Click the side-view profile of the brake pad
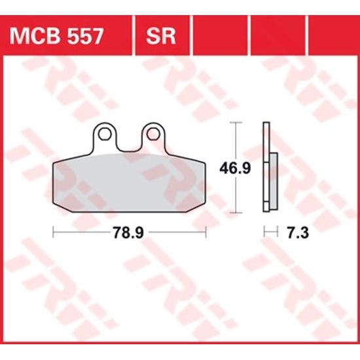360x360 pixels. pyautogui.click(x=265, y=167)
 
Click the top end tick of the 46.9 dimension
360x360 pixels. pyautogui.click(x=235, y=123)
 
